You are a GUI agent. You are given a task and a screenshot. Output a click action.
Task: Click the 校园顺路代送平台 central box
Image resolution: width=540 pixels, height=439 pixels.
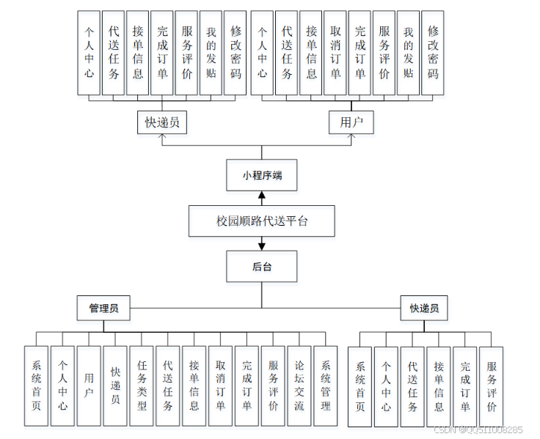[x=262, y=221]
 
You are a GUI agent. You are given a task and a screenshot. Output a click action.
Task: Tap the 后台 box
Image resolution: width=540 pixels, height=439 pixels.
[x=262, y=267]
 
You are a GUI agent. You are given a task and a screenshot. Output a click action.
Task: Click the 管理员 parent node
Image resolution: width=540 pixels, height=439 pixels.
[x=103, y=309]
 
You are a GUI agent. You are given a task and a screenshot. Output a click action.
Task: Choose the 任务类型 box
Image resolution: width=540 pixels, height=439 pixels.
[x=142, y=386]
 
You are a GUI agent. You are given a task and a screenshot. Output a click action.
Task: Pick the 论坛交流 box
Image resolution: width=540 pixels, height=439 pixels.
[x=299, y=386]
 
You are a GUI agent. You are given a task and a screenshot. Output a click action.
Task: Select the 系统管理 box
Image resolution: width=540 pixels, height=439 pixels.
[x=326, y=386]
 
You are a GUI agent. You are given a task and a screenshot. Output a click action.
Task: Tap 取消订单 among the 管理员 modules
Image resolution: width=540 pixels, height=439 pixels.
[x=220, y=386]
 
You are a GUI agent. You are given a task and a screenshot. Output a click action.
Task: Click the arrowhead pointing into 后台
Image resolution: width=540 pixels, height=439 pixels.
[x=262, y=247]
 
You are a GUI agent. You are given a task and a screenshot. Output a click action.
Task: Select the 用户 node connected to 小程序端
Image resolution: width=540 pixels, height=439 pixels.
[x=351, y=122]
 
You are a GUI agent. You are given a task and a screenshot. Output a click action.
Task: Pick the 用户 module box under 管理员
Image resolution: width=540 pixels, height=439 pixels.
[x=89, y=386]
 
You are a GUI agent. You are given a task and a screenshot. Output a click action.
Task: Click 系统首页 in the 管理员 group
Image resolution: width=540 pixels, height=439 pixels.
[x=36, y=386]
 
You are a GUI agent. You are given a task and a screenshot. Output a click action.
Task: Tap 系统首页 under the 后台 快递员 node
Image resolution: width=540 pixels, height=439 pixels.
[x=360, y=386]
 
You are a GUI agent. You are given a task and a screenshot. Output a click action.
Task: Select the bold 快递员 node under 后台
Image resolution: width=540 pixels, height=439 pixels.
[x=424, y=309]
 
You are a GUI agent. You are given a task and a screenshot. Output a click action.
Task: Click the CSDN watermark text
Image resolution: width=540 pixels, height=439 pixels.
[x=478, y=430]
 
